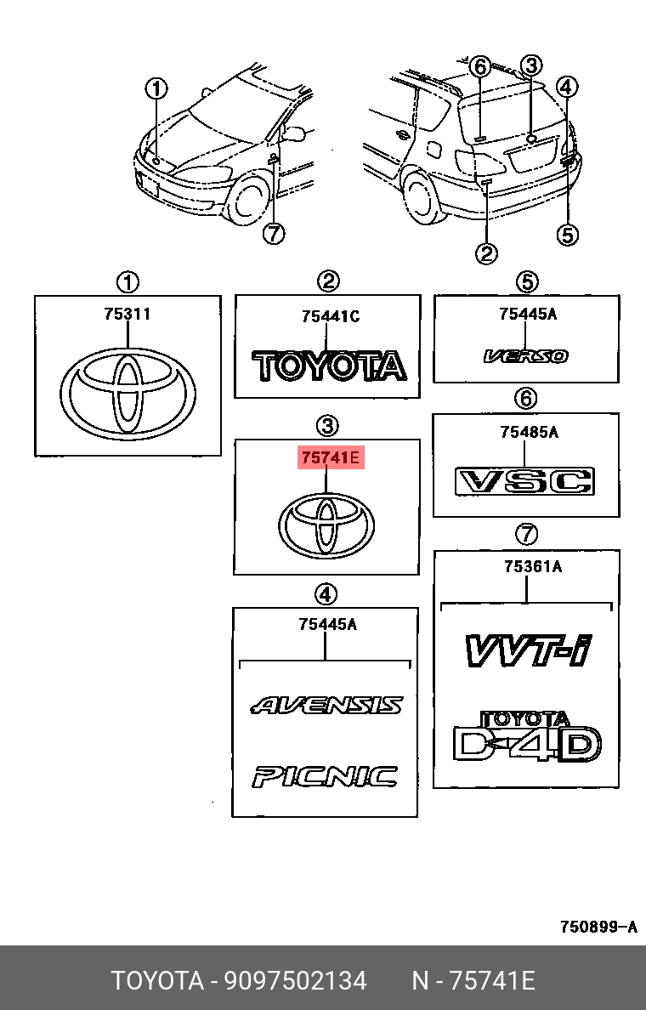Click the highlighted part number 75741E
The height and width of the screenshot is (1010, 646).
[330, 458]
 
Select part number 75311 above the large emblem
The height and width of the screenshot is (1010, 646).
[127, 314]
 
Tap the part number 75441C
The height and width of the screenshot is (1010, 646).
[330, 316]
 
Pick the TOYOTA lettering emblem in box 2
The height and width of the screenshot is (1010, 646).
[330, 366]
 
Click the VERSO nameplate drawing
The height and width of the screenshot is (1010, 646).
[526, 357]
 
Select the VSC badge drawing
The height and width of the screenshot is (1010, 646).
[525, 481]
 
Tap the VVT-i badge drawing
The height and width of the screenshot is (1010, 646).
[527, 650]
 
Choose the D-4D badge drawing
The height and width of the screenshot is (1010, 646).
[527, 737]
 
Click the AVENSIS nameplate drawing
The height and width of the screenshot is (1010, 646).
[326, 705]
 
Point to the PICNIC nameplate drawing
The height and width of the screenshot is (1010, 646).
[325, 776]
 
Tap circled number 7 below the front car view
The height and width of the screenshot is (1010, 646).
[273, 232]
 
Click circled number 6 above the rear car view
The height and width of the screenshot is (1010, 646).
[479, 65]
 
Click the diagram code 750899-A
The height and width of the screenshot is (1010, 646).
[598, 927]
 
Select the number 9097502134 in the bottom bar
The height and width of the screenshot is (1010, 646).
[295, 981]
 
